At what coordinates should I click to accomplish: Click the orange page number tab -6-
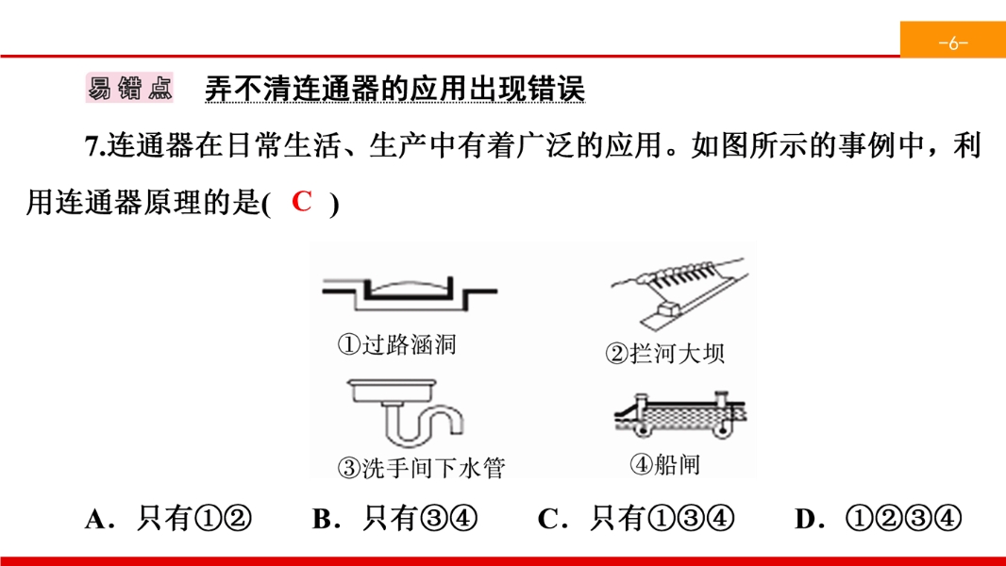953,40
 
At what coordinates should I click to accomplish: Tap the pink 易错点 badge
129,88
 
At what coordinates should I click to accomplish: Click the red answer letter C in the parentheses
302,201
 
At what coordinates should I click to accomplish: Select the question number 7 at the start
93,146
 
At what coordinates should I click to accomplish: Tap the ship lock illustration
680,415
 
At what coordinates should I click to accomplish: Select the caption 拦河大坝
678,353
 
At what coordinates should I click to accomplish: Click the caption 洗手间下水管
434,468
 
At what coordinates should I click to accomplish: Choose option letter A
96,519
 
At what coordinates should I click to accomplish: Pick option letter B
323,519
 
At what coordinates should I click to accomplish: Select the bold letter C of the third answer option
548,519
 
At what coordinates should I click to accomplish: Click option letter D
806,519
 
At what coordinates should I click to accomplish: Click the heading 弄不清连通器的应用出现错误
394,89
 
